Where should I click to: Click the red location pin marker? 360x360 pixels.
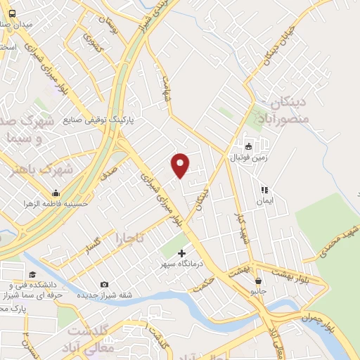[181, 165]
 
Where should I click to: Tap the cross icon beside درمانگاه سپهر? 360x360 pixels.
[182, 253]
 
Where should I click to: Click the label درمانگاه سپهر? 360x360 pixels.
[182, 266]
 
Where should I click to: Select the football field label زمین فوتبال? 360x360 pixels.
[247, 158]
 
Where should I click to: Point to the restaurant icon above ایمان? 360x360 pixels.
[264, 190]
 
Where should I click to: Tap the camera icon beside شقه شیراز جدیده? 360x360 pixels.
[105, 284]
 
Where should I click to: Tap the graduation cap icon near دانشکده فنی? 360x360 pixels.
[32, 275]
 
